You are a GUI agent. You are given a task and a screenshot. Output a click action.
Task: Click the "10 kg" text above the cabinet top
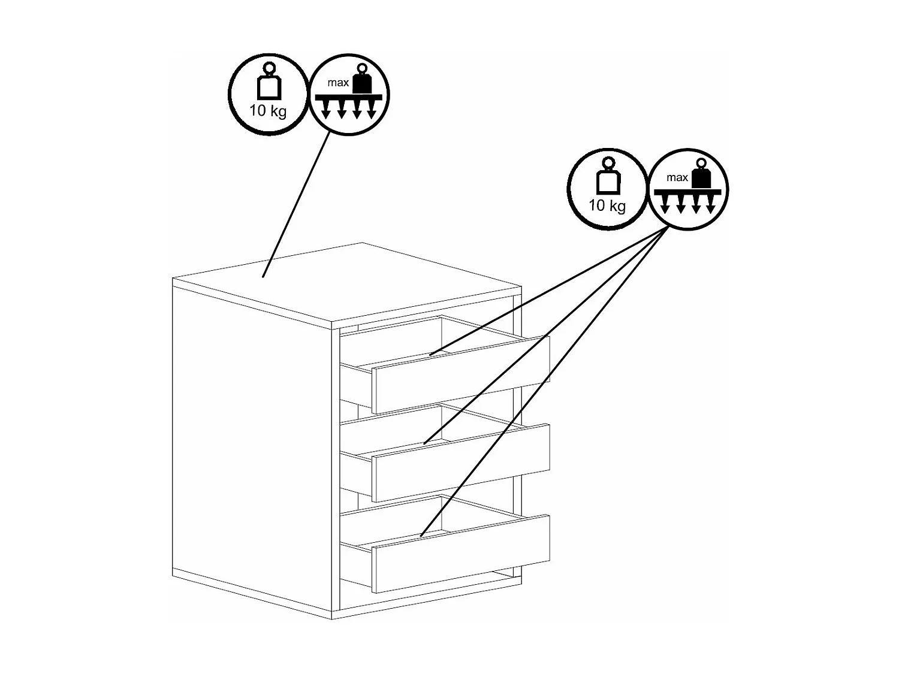pyautogui.click(x=268, y=111)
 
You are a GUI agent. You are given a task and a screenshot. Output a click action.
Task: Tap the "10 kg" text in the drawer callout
pyautogui.click(x=607, y=205)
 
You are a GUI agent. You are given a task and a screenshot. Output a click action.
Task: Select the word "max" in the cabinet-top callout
pyautogui.click(x=338, y=83)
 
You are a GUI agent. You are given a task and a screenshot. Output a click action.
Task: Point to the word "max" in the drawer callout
pyautogui.click(x=677, y=177)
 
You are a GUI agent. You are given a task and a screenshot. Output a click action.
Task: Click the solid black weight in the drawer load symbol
pyautogui.click(x=702, y=173)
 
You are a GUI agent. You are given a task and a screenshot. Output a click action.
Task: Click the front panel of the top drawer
pyautogui.click(x=461, y=374)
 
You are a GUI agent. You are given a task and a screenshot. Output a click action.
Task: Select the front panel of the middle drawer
pyautogui.click(x=461, y=463)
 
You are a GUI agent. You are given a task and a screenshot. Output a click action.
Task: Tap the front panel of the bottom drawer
pyautogui.click(x=461, y=554)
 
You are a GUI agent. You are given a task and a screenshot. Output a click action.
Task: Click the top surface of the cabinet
pyautogui.click(x=347, y=283)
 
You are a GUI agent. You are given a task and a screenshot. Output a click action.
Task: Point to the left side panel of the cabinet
pyautogui.click(x=252, y=449)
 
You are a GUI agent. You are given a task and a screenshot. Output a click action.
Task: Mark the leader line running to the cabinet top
pyautogui.click(x=296, y=205)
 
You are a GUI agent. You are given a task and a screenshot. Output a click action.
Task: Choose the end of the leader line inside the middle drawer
pyautogui.click(x=424, y=443)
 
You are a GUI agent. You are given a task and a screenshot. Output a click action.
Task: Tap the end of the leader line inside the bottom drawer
pyautogui.click(x=421, y=535)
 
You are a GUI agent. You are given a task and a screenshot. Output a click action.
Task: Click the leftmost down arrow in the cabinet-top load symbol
pyautogui.click(x=325, y=110)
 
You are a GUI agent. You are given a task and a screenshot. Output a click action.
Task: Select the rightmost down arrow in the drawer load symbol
pyautogui.click(x=711, y=204)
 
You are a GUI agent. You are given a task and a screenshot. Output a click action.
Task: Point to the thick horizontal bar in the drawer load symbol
pyautogui.click(x=687, y=192)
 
